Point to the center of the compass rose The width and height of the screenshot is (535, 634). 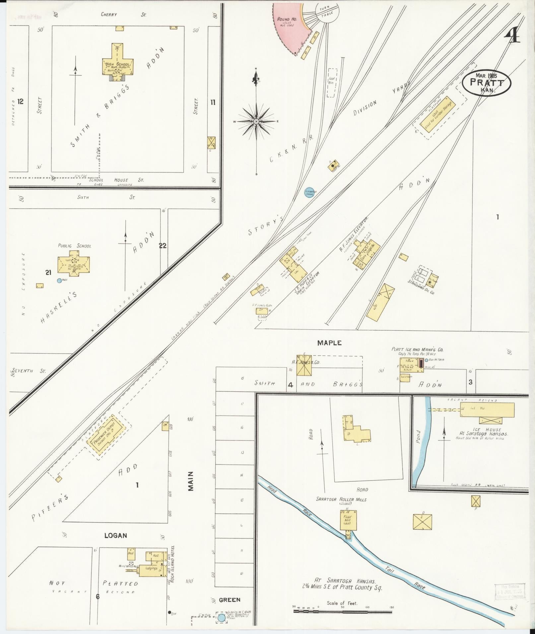pos(256,122)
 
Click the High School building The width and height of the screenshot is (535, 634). pos(117,63)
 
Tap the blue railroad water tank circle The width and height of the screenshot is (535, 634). pos(309,192)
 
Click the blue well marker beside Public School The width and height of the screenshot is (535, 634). pos(59,280)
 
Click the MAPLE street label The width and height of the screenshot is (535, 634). pos(329,343)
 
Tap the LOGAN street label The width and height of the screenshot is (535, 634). pos(115,535)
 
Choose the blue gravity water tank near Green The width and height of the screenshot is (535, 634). pos(221,618)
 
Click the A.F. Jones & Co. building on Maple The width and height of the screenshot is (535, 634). pos(304,366)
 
